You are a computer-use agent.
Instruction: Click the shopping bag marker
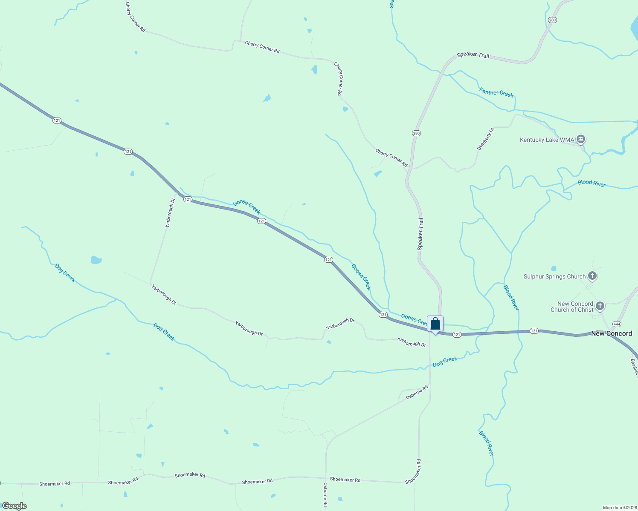click(435, 324)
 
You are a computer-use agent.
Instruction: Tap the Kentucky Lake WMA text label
click(547, 140)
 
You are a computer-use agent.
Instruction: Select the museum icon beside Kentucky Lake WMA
click(580, 139)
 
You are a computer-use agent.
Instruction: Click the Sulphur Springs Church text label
click(554, 276)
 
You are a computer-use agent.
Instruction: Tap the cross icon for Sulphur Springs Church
click(592, 276)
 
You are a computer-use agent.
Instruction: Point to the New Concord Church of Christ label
click(572, 307)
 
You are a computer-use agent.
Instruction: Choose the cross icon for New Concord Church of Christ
click(600, 306)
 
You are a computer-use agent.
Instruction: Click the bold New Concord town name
click(612, 333)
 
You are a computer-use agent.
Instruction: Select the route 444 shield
click(617, 324)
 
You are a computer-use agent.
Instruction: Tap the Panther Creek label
click(496, 92)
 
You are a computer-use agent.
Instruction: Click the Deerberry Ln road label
click(485, 138)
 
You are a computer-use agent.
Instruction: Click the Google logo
click(14, 506)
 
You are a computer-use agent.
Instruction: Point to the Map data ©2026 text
click(619, 508)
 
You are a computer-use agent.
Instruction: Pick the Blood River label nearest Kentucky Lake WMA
click(592, 183)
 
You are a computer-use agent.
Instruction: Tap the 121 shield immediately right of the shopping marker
click(457, 335)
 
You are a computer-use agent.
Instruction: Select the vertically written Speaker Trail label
click(420, 234)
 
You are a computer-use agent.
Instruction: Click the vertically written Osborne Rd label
click(325, 494)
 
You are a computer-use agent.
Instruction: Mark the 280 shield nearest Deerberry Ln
click(416, 133)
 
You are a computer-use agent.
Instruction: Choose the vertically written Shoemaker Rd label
click(413, 471)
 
